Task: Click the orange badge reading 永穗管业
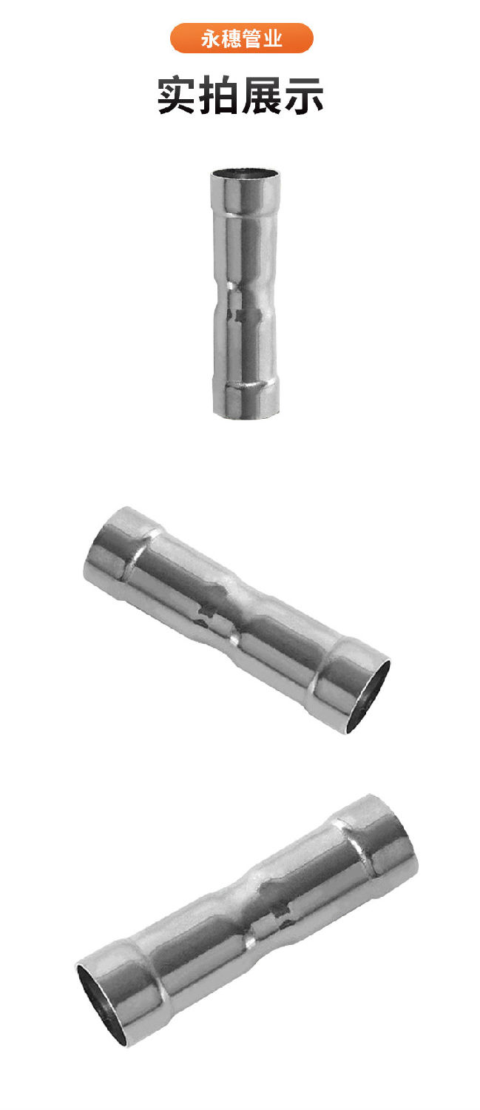pyautogui.click(x=241, y=38)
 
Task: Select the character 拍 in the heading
pyautogui.click(x=220, y=96)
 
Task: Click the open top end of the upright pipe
pyautogui.click(x=246, y=175)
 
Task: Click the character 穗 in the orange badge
pyautogui.click(x=231, y=38)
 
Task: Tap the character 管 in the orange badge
pyautogui.click(x=252, y=38)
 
